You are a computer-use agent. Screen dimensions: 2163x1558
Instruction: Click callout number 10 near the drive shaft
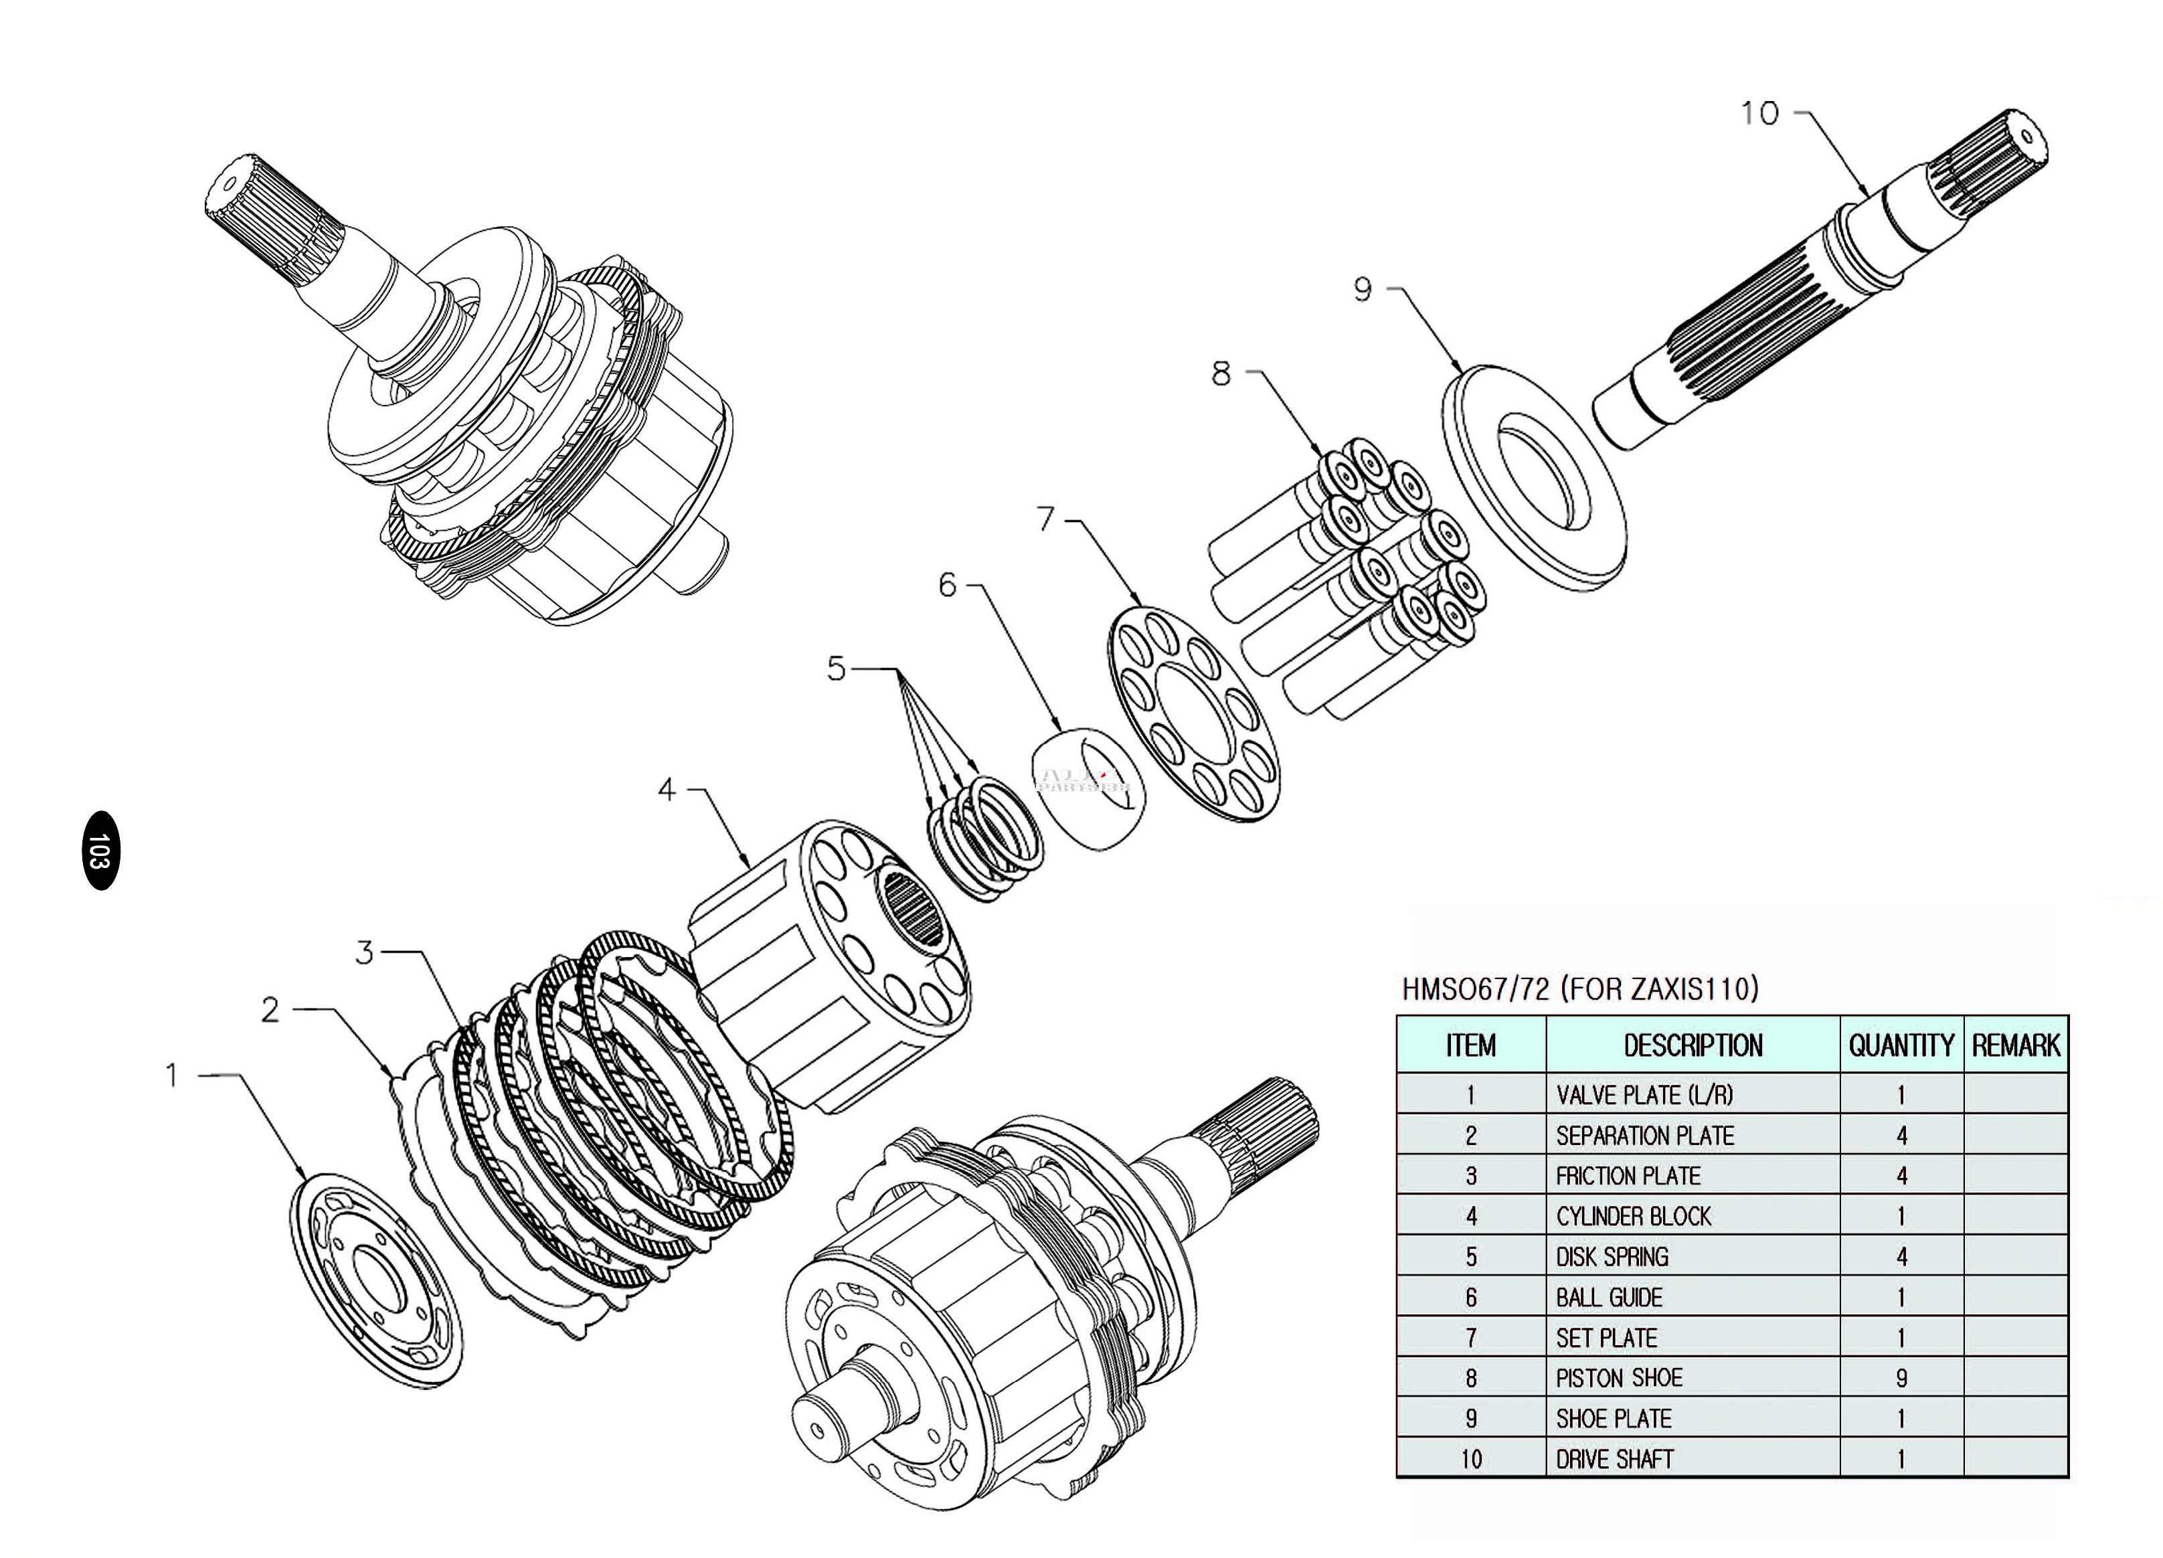pos(1759,114)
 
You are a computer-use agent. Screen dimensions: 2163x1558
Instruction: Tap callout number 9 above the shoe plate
pos(1363,289)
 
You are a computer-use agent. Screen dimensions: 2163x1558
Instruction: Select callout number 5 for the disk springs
pos(837,669)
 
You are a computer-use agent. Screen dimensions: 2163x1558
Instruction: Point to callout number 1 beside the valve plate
pos(173,1075)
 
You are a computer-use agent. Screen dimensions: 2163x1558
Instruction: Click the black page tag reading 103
pos(101,851)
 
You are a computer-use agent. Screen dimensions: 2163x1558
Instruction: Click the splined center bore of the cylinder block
pos(913,909)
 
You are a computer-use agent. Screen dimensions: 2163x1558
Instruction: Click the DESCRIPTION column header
pos(1693,1045)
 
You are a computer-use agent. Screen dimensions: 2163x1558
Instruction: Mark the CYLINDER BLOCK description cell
pos(1693,1217)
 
